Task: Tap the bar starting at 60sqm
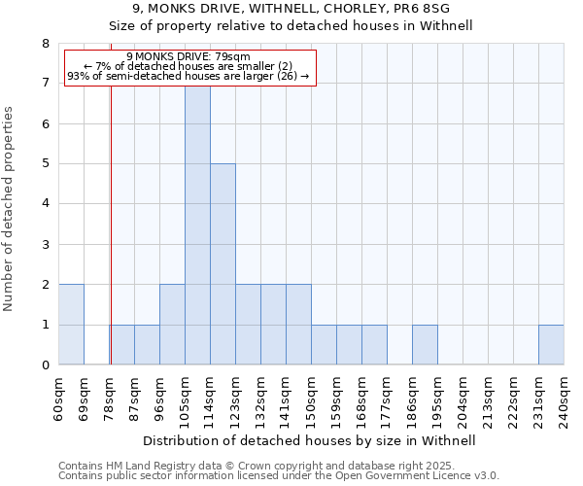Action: point(71,325)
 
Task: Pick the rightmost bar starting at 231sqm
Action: point(551,345)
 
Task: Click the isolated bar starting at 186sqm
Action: point(425,345)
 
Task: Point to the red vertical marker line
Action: point(111,243)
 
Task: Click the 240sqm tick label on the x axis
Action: point(564,395)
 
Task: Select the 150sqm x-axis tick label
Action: point(311,395)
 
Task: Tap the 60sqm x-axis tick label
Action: point(58,395)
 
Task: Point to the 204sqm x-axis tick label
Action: point(463,395)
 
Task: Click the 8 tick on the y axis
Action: point(45,44)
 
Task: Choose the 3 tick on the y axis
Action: point(45,245)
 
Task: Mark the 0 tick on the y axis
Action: point(45,365)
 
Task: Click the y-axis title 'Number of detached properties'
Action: point(10,208)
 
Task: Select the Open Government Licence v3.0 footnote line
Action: point(279,475)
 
